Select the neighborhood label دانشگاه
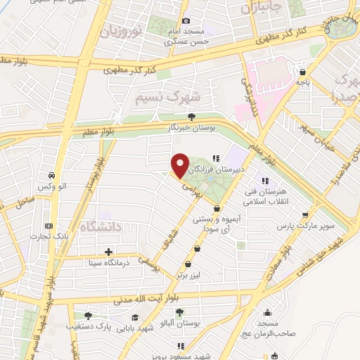102,226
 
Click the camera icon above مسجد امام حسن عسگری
186,21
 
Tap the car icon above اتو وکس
52,175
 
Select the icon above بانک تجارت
48,226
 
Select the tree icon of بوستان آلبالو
179,312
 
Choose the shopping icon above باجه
302,72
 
